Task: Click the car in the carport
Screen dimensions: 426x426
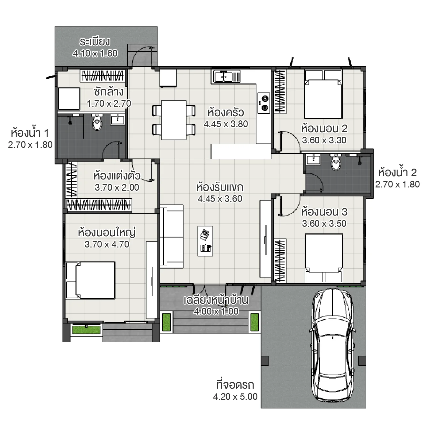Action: click(333, 345)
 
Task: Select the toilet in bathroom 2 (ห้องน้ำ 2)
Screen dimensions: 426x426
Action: click(336, 163)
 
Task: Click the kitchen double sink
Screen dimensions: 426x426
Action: click(226, 77)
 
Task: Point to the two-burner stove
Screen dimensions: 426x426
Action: click(264, 103)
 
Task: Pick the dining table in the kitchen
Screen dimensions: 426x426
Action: click(174, 120)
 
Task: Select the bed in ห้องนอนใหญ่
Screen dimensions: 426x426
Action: click(91, 280)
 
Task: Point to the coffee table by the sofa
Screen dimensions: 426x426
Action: click(205, 241)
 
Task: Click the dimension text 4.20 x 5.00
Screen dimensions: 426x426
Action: click(235, 397)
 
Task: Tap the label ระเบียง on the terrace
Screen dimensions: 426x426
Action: click(95, 42)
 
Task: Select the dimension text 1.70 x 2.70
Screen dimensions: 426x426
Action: click(109, 103)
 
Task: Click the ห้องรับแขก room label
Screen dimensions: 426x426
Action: click(220, 187)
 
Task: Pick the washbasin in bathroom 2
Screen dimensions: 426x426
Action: click(313, 159)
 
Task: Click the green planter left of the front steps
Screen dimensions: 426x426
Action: click(166, 322)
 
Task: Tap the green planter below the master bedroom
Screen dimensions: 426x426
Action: click(86, 330)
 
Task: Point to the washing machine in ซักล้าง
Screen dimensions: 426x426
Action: click(69, 99)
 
